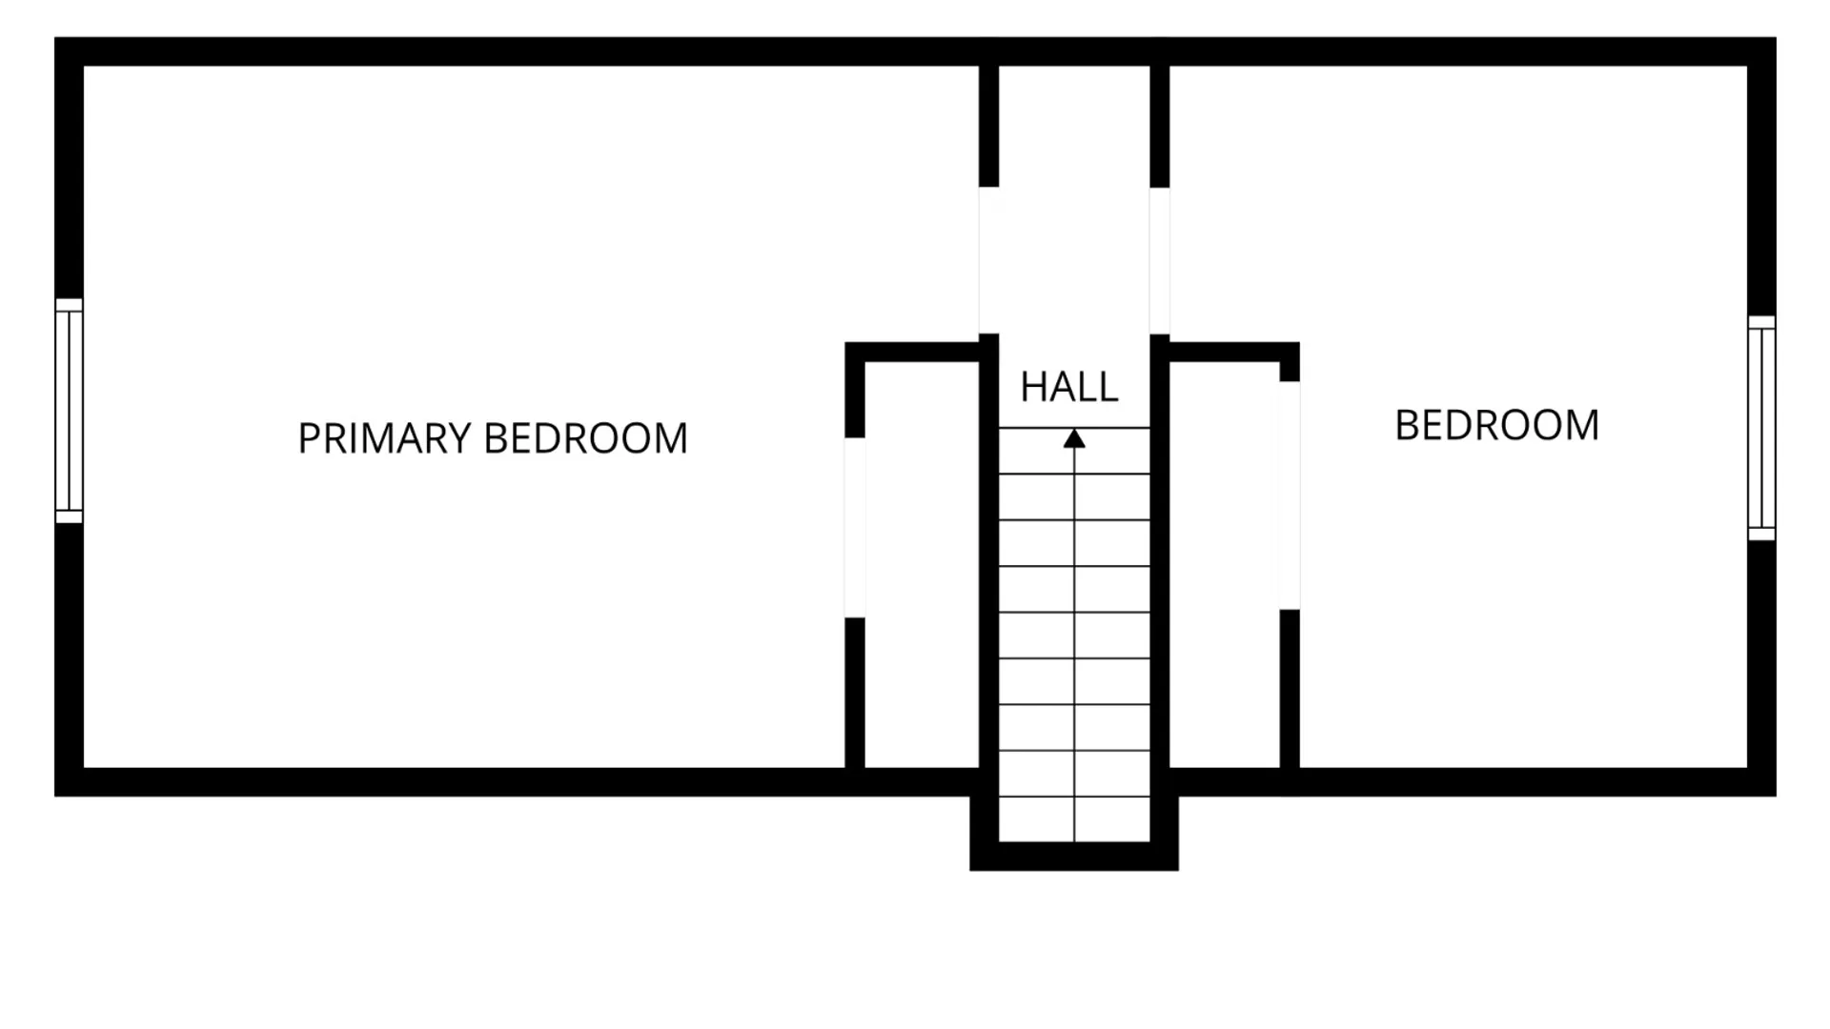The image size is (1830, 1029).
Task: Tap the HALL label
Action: point(1068,387)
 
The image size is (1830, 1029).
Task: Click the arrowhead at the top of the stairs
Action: point(1074,438)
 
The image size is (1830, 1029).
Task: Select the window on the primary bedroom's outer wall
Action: point(69,411)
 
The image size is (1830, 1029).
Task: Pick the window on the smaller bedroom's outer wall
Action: point(1761,428)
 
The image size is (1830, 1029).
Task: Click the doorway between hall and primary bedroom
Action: point(988,260)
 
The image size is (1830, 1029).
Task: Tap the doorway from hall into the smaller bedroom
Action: point(1159,260)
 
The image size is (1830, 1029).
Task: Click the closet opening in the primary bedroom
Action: point(854,527)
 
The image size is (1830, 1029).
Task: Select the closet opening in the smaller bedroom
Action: point(1289,495)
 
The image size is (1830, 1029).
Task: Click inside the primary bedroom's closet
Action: point(922,565)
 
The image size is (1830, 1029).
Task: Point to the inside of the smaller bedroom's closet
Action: point(1224,565)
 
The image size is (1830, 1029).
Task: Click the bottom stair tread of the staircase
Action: point(1074,819)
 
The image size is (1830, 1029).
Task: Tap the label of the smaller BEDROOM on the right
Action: point(1496,426)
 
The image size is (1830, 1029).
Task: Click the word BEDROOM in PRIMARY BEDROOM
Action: point(585,438)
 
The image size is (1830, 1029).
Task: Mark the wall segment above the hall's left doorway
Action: point(988,126)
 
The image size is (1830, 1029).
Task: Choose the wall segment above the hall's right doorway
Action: point(1159,126)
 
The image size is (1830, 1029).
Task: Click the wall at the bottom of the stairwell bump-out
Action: point(1074,856)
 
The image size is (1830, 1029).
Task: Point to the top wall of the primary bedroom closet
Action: point(912,352)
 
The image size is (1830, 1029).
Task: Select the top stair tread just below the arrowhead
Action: point(1074,451)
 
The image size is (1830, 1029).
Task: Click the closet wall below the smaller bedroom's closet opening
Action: point(1289,689)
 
